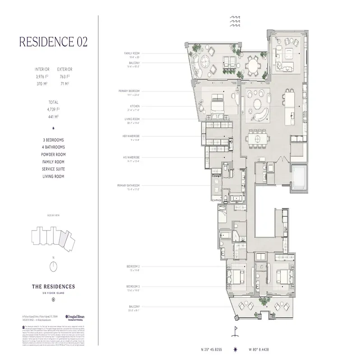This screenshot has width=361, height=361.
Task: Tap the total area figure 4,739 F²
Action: pos(53,109)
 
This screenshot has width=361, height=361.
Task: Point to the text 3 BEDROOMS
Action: pos(53,140)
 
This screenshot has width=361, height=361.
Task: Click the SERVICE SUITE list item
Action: pos(53,169)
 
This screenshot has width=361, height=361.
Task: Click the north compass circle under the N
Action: pos(53,266)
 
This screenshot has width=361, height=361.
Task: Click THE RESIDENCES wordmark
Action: pos(53,286)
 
